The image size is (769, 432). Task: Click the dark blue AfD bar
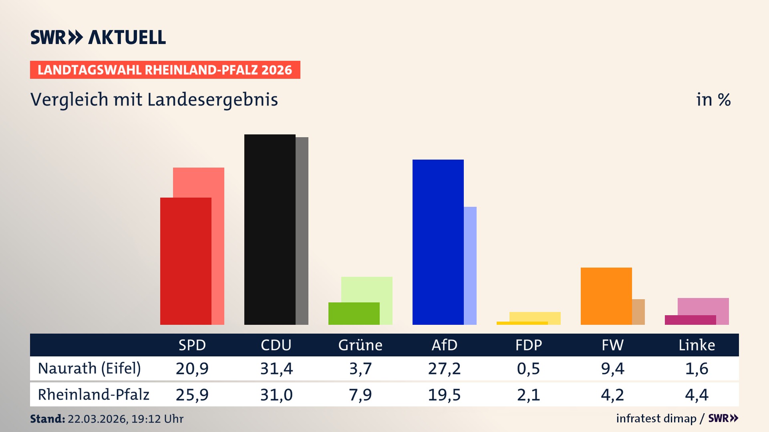[x=438, y=242]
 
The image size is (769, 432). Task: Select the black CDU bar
[x=270, y=229]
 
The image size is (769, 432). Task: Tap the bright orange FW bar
[x=606, y=296]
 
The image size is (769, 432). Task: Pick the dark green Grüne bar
[x=354, y=313]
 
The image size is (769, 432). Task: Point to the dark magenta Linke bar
[x=690, y=320]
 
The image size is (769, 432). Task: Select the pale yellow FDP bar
[x=535, y=316]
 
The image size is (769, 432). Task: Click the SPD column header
[x=192, y=345]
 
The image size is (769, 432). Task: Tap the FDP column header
[x=528, y=345]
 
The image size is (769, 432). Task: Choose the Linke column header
[x=697, y=345]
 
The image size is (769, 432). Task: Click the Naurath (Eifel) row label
[x=89, y=368]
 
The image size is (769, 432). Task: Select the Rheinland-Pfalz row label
[x=93, y=395]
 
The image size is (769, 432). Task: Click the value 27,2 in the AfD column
[x=444, y=368]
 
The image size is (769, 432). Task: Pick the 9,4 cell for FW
[x=612, y=368]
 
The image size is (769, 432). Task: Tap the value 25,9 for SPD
[x=192, y=395]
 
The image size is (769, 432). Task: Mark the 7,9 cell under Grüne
[x=360, y=395]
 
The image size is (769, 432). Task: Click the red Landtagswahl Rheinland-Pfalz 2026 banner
[x=165, y=70]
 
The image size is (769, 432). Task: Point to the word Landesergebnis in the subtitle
[x=212, y=100]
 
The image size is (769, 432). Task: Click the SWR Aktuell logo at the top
[x=98, y=37]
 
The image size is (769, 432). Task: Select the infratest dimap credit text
[x=656, y=418]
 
